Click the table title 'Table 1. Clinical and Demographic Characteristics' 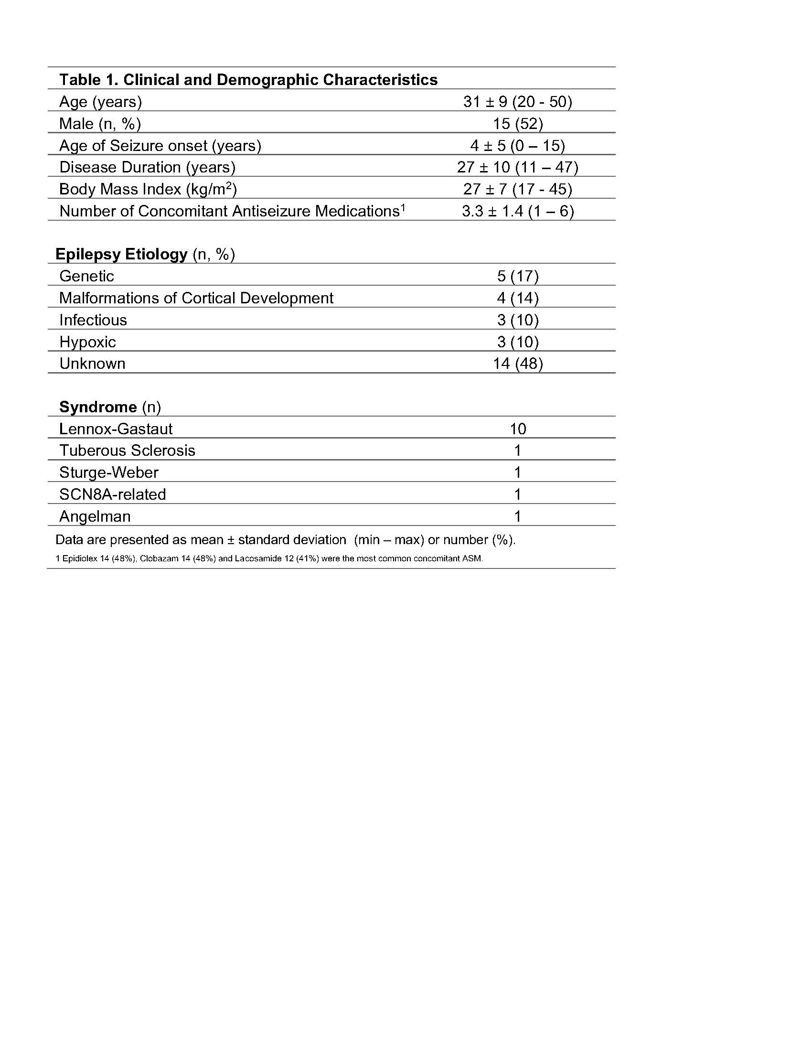tap(248, 79)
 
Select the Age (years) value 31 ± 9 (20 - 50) tap(518, 102)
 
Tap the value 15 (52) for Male tap(518, 124)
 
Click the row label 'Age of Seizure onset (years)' tap(160, 145)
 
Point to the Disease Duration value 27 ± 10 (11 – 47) tap(518, 167)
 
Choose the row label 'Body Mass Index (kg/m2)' tap(148, 189)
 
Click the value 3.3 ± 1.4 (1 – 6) tap(518, 211)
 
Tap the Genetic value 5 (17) tap(518, 276)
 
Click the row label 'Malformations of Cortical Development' tap(196, 298)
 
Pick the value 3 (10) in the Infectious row tap(518, 320)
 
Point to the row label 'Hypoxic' tap(87, 342)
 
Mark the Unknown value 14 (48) tap(518, 364)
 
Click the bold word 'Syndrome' tap(98, 407)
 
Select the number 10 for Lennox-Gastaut tap(518, 429)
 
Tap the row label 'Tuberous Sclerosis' tap(127, 450)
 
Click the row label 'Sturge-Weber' tap(109, 472)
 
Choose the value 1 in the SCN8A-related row tap(518, 494)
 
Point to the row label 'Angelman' tap(95, 516)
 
